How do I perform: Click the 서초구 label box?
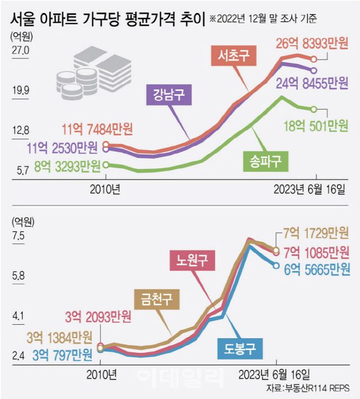231,56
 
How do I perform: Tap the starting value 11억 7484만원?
98,130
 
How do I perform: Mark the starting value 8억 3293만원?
66,165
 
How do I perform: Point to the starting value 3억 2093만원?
98,317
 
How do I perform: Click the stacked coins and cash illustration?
93,70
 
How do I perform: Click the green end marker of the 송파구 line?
314,109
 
